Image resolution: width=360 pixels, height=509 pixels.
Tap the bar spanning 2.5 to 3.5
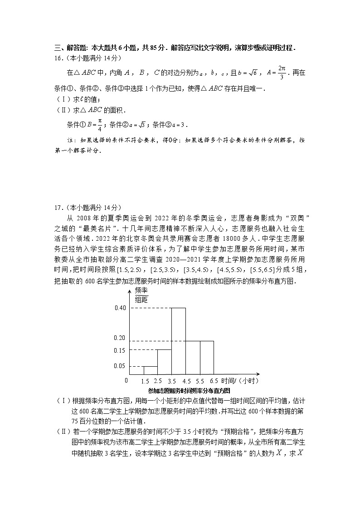(164, 361)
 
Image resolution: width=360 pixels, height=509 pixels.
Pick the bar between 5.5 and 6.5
(207, 357)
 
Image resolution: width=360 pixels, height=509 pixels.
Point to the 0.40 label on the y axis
(120, 308)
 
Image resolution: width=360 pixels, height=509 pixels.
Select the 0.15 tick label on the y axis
(120, 350)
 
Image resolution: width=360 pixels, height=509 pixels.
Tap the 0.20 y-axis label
(120, 338)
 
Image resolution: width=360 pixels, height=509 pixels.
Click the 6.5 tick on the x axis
(214, 381)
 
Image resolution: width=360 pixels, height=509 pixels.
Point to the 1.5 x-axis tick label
(146, 381)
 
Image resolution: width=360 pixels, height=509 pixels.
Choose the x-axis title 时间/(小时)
(241, 381)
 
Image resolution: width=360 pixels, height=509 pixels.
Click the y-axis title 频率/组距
(142, 295)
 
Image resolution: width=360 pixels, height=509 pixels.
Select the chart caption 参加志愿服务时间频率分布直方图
(189, 390)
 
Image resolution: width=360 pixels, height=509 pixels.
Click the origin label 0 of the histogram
(126, 380)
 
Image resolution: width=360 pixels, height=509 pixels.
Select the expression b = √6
(248, 73)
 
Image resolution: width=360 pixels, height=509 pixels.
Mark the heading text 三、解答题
(71, 48)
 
